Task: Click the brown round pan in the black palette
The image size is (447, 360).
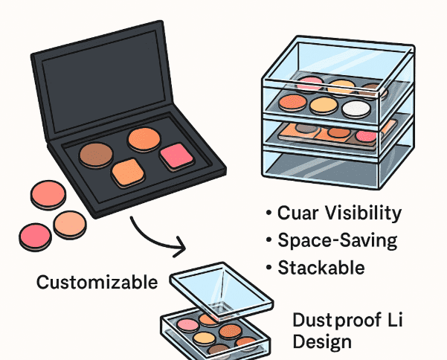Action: pyautogui.click(x=96, y=154)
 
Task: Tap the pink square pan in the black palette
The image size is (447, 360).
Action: pyautogui.click(x=176, y=155)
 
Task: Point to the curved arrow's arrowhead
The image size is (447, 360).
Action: pyautogui.click(x=179, y=245)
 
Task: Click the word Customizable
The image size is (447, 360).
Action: pyautogui.click(x=97, y=282)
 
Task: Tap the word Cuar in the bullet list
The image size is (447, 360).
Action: pyautogui.click(x=298, y=213)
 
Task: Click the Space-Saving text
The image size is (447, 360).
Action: pyautogui.click(x=337, y=240)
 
